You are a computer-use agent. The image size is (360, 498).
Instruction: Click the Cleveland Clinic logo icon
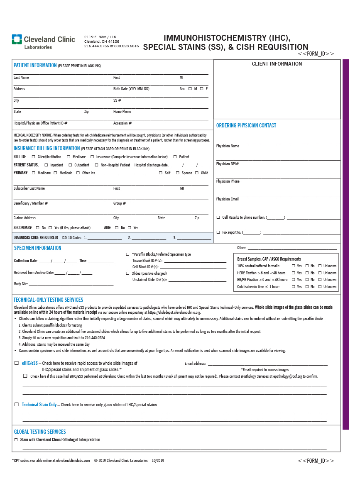17,39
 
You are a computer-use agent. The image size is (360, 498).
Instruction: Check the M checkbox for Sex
190,89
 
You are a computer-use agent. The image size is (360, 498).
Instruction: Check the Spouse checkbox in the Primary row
177,173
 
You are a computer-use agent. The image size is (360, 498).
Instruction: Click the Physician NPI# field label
227,164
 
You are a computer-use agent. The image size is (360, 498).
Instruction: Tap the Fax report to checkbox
218,232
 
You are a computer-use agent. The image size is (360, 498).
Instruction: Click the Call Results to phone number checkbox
218,217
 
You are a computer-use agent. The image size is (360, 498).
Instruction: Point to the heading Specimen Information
37,248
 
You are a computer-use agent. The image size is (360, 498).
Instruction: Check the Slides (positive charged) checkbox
127,273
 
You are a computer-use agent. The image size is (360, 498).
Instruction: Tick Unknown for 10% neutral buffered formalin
320,266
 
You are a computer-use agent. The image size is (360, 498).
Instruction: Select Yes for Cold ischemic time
293,287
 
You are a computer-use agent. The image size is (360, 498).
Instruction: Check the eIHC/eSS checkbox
17,363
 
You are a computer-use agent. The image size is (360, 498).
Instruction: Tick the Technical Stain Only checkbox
17,405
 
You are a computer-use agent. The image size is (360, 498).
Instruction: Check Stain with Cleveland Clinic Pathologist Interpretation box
16,440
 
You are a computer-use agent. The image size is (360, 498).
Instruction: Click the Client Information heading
277,64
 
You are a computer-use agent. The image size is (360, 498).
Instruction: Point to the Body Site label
21,284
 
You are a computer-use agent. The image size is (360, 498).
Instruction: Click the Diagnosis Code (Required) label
36,238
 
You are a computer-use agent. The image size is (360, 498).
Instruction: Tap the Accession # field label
122,123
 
